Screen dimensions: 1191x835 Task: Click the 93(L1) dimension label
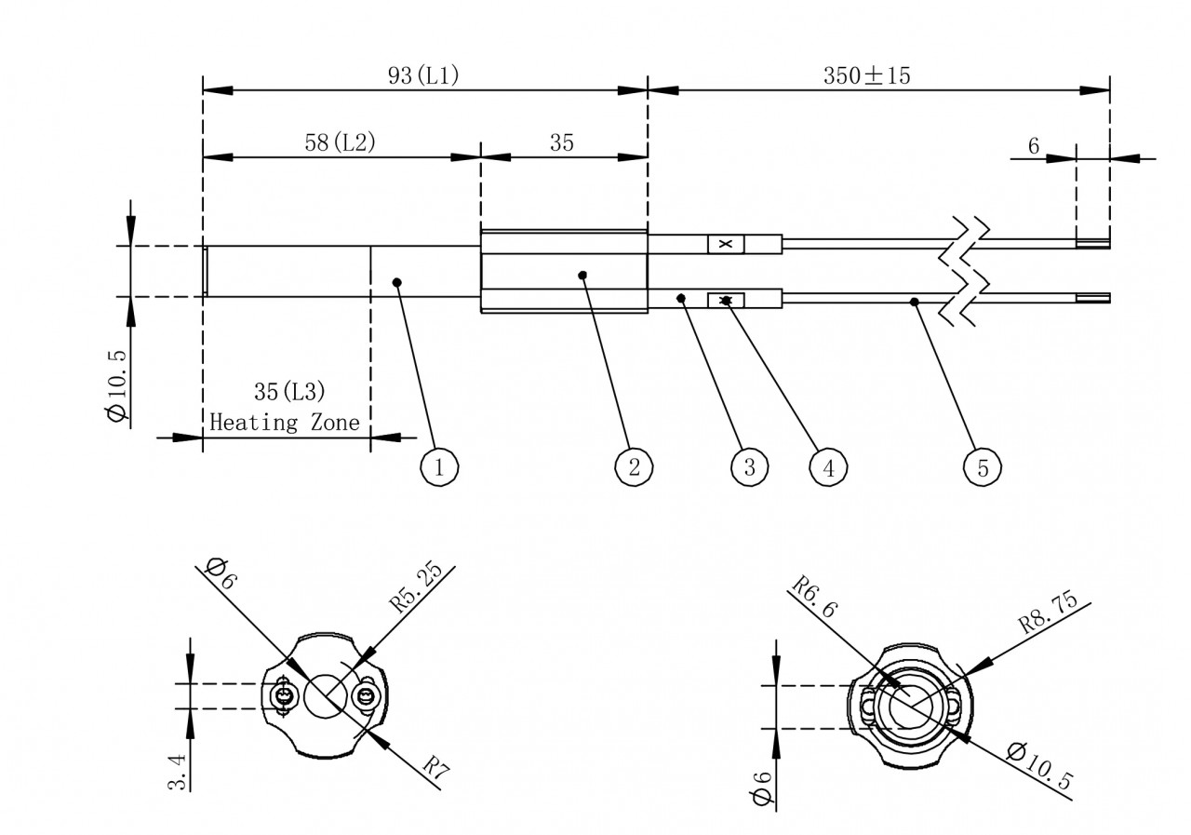coord(423,75)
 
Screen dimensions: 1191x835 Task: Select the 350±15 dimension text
coord(866,75)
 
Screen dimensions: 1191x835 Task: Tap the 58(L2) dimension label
coord(340,142)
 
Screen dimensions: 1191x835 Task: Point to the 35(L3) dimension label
coord(289,392)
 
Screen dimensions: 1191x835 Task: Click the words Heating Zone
coord(285,423)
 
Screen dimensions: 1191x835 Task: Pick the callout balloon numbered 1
coord(439,467)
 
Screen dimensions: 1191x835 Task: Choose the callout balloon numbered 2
coord(634,467)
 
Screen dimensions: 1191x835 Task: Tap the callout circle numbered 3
coord(749,467)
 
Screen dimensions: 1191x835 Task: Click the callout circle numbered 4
coord(828,467)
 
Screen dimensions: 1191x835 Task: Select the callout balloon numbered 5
coord(982,467)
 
